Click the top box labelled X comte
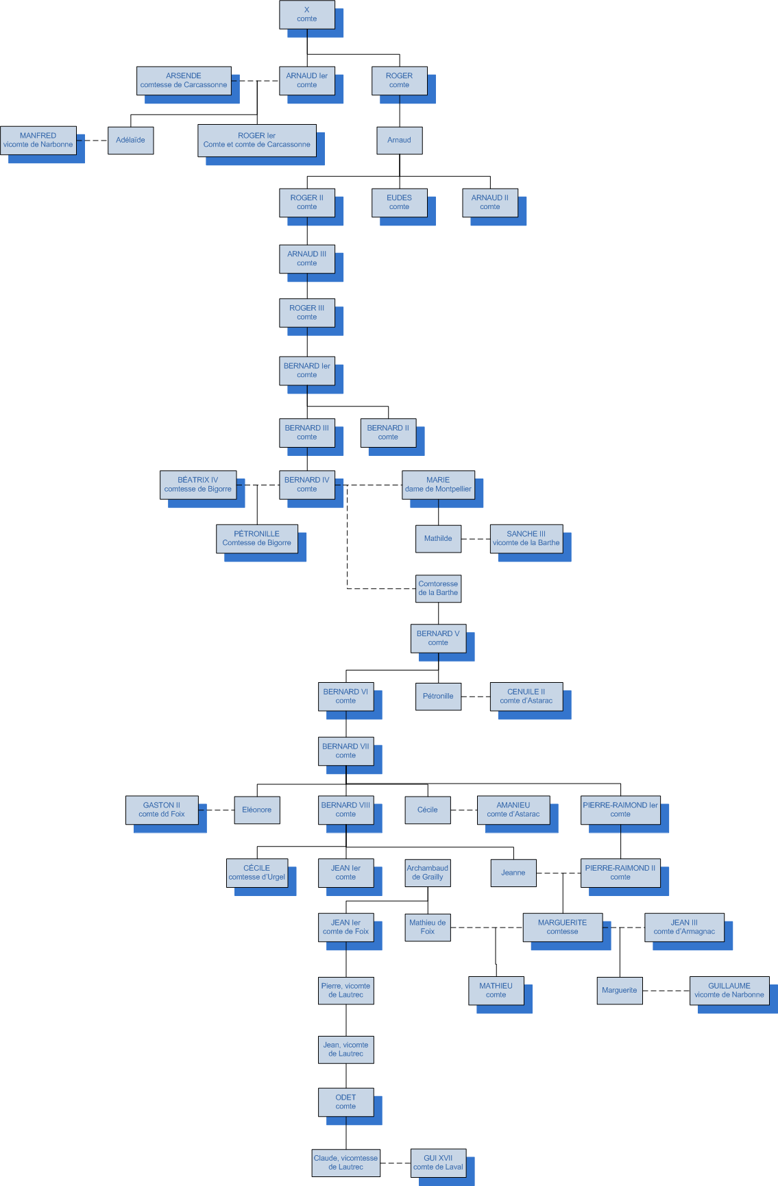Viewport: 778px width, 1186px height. (306, 14)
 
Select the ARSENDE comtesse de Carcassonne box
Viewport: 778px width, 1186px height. (184, 80)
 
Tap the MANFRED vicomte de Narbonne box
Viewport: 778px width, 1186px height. (38, 140)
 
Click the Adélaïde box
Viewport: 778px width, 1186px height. (130, 140)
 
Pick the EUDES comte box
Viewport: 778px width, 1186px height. (399, 202)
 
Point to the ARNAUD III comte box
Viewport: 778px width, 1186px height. (306, 258)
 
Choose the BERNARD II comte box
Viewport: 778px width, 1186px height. (388, 433)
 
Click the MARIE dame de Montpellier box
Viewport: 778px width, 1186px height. (438, 485)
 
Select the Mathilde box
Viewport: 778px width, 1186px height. (438, 538)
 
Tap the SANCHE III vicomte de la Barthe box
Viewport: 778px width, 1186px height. (526, 538)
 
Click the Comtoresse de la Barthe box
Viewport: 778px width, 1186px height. (438, 588)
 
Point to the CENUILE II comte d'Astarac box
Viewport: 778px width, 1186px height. (526, 696)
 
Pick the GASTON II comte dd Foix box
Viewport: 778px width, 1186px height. (162, 810)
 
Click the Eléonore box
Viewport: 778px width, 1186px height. (256, 810)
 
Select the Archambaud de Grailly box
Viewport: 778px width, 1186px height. (427, 872)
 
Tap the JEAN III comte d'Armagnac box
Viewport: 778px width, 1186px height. (684, 927)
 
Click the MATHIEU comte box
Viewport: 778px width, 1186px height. (496, 990)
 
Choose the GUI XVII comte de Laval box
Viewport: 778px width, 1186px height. (438, 1162)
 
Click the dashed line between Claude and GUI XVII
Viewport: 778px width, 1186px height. (396, 1163)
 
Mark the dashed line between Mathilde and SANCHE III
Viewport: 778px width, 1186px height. (476, 539)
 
